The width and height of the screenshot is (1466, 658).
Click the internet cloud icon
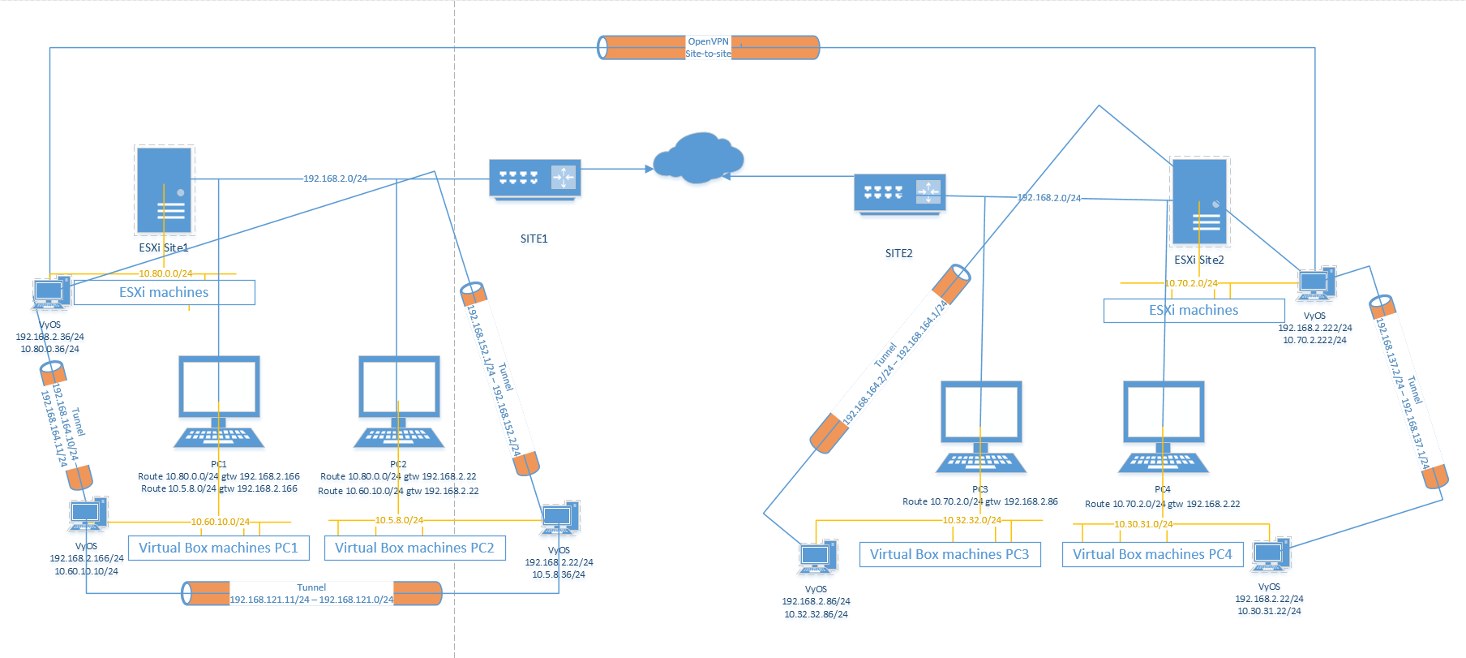[x=697, y=157]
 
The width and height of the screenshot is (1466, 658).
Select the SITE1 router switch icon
[x=535, y=178]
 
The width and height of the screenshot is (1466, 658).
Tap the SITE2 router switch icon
[x=899, y=194]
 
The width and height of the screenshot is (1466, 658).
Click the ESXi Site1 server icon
[x=165, y=190]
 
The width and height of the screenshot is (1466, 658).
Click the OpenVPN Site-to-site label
[x=708, y=47]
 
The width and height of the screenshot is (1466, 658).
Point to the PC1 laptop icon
[x=219, y=402]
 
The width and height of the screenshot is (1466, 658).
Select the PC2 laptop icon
[x=399, y=402]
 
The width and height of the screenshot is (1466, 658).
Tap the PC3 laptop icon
[x=981, y=427]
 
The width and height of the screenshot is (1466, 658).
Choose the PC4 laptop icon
[x=1164, y=427]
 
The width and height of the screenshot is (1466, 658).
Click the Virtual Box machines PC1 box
[x=218, y=548]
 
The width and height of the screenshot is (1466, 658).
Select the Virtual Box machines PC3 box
[x=949, y=554]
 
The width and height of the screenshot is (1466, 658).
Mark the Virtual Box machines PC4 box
[x=1152, y=554]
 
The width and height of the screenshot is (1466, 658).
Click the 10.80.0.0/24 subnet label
[x=165, y=273]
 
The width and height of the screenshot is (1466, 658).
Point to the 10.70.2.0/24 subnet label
[x=1191, y=283]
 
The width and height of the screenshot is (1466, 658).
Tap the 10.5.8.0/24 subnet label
[x=399, y=520]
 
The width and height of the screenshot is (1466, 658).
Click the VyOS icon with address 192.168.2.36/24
[x=51, y=293]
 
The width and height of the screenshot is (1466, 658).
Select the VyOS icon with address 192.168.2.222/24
[x=1316, y=284]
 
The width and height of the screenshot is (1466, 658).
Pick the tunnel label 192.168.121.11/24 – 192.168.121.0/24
[x=311, y=600]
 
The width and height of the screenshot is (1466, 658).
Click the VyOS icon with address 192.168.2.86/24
[x=817, y=557]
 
